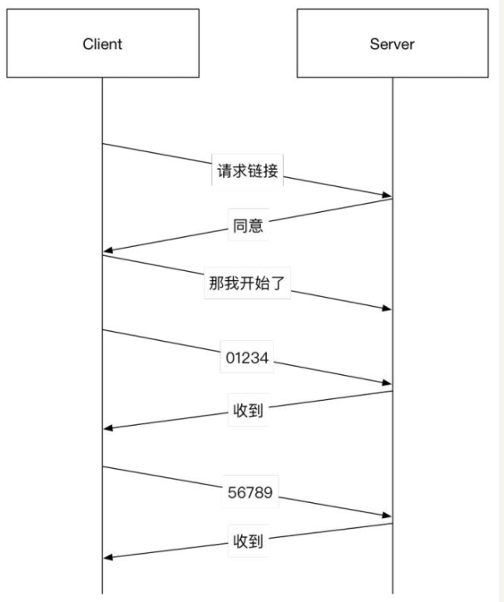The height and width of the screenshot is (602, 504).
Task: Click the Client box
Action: pos(102,44)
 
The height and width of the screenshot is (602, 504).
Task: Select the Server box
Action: pos(393,44)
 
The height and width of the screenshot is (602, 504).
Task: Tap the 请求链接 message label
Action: pos(246,172)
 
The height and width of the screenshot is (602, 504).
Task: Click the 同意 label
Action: pos(247,225)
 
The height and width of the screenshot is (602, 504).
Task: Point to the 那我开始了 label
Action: pos(247,282)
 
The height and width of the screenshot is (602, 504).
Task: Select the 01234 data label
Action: pos(247,359)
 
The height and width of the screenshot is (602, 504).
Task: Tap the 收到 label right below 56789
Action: pos(247,542)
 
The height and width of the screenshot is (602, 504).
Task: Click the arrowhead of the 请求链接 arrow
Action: pos(388,196)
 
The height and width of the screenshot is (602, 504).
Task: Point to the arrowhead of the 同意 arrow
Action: pos(108,251)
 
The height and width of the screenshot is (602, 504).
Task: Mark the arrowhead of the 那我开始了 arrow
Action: pos(388,308)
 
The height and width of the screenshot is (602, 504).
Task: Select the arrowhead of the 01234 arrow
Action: pos(388,383)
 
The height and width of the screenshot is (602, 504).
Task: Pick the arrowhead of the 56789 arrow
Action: pos(388,516)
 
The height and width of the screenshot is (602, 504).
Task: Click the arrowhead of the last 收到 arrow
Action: pos(108,557)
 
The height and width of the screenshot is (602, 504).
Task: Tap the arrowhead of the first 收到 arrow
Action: pos(108,427)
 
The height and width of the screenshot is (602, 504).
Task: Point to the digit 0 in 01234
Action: pos(229,359)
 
